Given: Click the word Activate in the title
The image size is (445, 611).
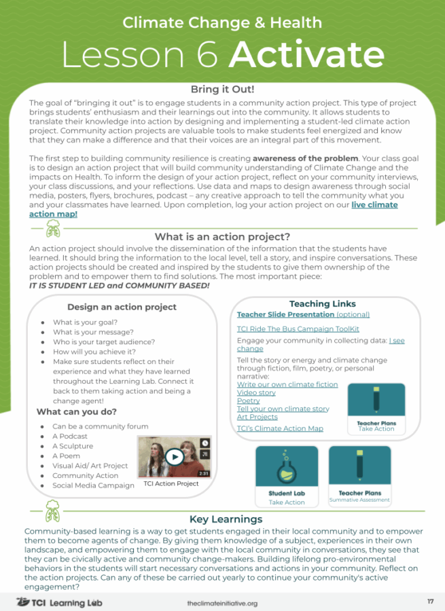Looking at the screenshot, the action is click(x=306, y=55).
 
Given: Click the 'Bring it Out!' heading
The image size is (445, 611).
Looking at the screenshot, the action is click(x=222, y=89).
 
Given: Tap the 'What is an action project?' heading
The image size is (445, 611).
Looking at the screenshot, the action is click(x=222, y=236).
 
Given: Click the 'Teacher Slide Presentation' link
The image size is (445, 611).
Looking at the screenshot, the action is click(x=285, y=314).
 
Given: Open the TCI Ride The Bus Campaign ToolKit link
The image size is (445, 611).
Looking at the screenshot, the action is click(x=298, y=329).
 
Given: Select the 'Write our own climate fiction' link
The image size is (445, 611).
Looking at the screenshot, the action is click(x=287, y=384).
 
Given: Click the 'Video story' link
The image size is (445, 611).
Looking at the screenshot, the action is click(x=256, y=392).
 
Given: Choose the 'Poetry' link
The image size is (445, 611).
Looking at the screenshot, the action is click(x=249, y=401).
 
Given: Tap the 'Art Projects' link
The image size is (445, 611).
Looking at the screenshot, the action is click(x=257, y=417).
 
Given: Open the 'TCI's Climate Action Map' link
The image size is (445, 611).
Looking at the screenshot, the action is click(x=280, y=428).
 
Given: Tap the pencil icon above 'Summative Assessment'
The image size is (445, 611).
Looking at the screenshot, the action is click(x=359, y=464).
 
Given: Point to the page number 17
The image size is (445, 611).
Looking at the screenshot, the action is click(x=431, y=601).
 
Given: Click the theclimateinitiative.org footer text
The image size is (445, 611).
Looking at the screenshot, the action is click(x=222, y=604).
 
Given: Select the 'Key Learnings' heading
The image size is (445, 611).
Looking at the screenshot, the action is click(x=226, y=519).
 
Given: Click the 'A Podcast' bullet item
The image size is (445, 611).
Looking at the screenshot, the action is click(x=70, y=436).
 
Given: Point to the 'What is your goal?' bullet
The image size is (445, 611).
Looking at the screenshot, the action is click(x=85, y=322).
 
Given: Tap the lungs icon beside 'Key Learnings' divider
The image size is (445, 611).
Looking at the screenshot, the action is click(x=52, y=511).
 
